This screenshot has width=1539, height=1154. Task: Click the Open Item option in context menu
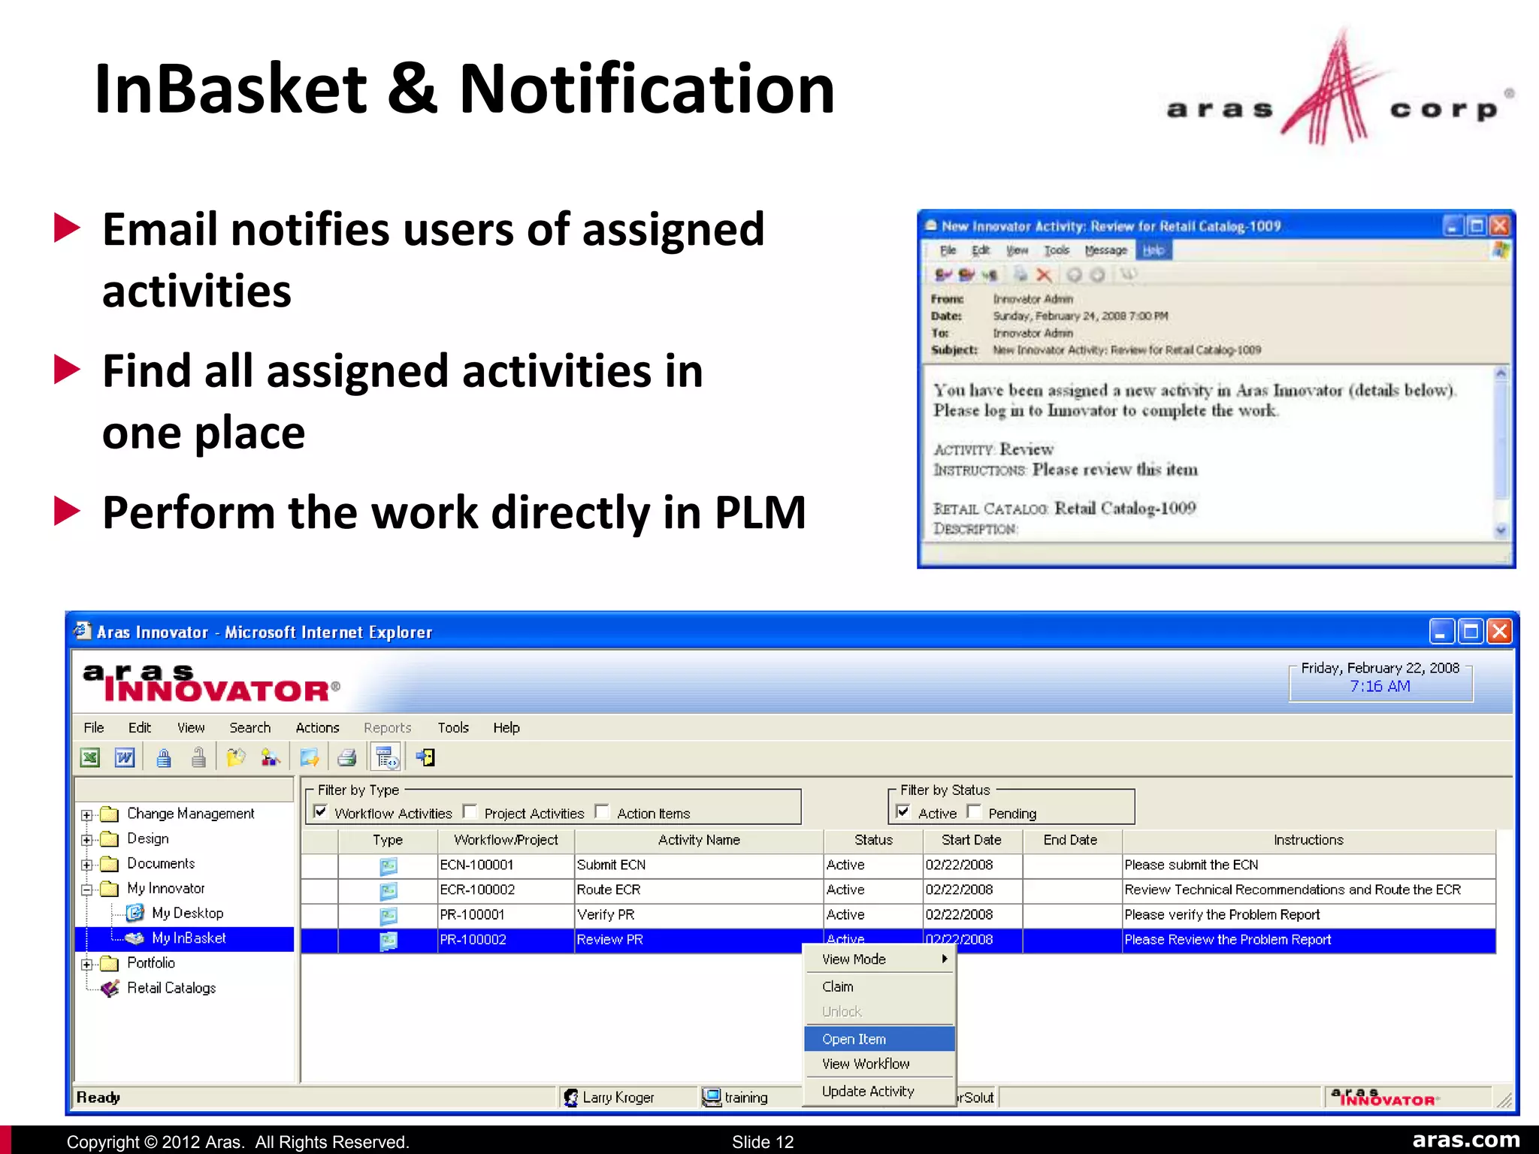(854, 1039)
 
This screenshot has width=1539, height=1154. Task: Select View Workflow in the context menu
(866, 1064)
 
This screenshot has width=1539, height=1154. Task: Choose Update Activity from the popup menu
(868, 1091)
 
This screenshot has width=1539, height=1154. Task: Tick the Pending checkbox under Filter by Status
(974, 811)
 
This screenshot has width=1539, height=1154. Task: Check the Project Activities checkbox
(470, 811)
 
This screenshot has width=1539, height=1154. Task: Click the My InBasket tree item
(189, 938)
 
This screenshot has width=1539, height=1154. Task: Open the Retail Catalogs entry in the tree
(171, 988)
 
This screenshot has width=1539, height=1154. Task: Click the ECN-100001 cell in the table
(476, 865)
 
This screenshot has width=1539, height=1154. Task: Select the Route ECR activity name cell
(609, 890)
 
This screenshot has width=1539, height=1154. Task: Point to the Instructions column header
(1308, 840)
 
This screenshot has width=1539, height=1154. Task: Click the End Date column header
(1070, 840)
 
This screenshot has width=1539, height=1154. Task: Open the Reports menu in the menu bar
(387, 727)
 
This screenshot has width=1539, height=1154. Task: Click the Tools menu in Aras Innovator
(453, 727)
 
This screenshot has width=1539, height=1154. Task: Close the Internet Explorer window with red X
(1499, 631)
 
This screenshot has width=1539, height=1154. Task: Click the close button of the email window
(1500, 225)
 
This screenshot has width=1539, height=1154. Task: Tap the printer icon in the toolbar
(346, 757)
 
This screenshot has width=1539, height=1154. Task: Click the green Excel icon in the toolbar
(90, 757)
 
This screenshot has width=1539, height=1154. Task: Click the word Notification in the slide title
(646, 89)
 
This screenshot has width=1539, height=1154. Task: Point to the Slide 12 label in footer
(763, 1142)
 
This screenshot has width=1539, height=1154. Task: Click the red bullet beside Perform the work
(68, 512)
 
